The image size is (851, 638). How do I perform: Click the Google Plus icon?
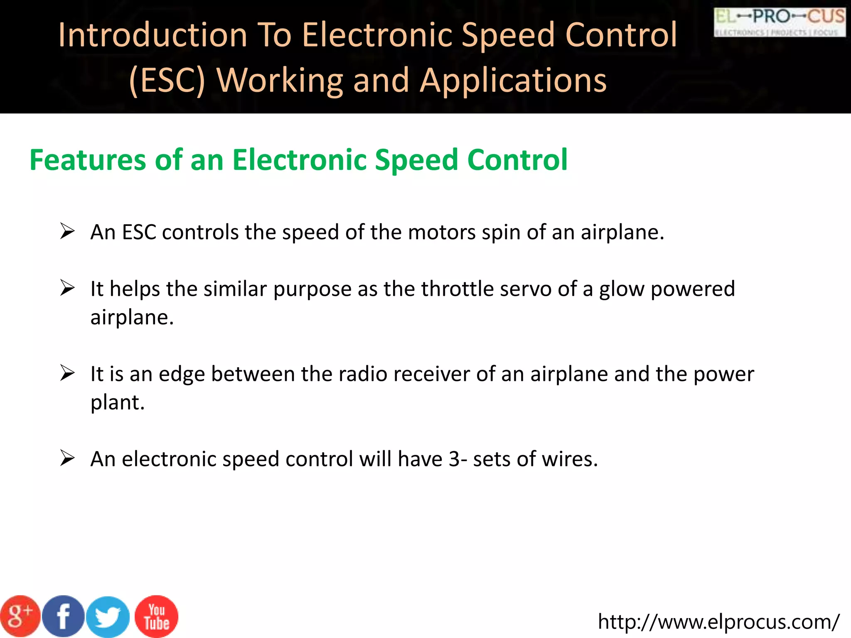click(x=20, y=616)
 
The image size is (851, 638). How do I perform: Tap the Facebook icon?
click(x=63, y=616)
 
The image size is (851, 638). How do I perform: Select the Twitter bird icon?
click(x=108, y=617)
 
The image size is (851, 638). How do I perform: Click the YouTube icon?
click(x=157, y=616)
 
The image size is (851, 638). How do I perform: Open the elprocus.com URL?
click(x=718, y=622)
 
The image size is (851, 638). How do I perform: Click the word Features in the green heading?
click(x=87, y=160)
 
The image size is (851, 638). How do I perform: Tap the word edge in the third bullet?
click(x=182, y=374)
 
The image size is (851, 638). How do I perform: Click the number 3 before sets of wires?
click(x=454, y=459)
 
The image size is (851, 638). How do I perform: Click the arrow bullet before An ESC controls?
click(x=67, y=231)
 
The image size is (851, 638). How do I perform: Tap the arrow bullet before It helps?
click(x=67, y=288)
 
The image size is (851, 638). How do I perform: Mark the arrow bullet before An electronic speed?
click(x=67, y=458)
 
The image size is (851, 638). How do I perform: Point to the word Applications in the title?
click(x=513, y=80)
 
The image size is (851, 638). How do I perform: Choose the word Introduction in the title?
click(x=153, y=35)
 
